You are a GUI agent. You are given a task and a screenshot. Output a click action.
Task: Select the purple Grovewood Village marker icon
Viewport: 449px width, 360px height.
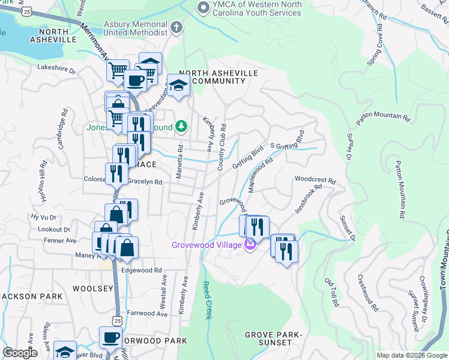250,244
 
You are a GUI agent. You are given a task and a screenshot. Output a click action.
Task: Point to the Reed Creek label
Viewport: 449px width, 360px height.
206,300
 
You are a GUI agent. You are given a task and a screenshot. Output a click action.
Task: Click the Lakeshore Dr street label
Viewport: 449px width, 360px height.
56,70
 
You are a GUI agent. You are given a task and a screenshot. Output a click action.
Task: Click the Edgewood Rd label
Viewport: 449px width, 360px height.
142,270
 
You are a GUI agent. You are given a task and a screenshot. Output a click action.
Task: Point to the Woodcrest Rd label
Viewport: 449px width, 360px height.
315,179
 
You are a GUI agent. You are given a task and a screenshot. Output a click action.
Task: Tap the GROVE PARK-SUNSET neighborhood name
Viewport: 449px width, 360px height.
268,338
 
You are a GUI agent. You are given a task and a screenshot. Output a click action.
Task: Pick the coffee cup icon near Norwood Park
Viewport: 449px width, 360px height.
110,337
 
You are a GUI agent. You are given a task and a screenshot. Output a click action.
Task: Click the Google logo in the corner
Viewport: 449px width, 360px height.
20,353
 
